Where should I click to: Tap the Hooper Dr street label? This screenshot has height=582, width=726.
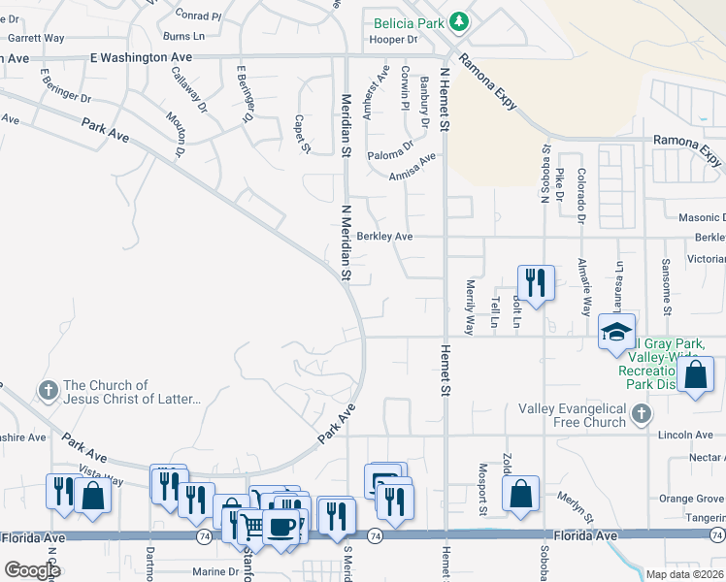(392, 40)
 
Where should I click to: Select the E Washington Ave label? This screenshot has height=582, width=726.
(140, 57)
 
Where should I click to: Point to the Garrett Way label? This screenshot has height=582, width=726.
(36, 38)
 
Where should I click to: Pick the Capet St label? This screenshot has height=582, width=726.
(301, 134)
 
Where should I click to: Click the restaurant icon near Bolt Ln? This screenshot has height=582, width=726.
(535, 281)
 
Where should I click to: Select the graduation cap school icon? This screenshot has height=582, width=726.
(615, 332)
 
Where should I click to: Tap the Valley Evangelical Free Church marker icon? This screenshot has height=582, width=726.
(640, 415)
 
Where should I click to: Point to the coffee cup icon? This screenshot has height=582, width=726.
(281, 527)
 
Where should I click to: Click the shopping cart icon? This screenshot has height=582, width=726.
(252, 526)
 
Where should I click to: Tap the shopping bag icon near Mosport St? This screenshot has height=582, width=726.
(521, 492)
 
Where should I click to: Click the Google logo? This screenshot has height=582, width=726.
(32, 569)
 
